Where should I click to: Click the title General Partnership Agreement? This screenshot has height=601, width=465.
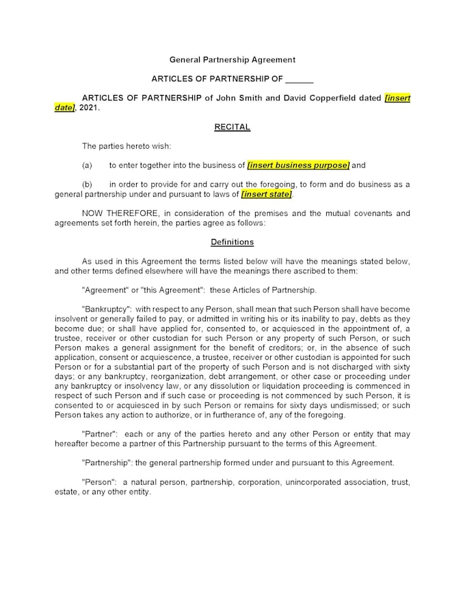[x=232, y=60]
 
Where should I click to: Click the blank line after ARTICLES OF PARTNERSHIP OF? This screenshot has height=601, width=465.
[x=300, y=79]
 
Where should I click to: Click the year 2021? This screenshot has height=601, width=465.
[x=88, y=108]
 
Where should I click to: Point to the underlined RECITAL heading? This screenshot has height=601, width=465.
[x=232, y=127]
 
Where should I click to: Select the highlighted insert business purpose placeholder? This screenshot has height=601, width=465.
[x=299, y=165]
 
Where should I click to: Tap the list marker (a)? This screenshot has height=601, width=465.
[x=87, y=165]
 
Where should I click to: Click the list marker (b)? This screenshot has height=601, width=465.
[x=87, y=184]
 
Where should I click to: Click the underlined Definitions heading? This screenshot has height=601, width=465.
[x=232, y=242]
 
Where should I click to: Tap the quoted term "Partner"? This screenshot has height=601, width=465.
[x=100, y=434]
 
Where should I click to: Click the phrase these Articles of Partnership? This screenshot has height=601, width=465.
[x=267, y=290]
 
